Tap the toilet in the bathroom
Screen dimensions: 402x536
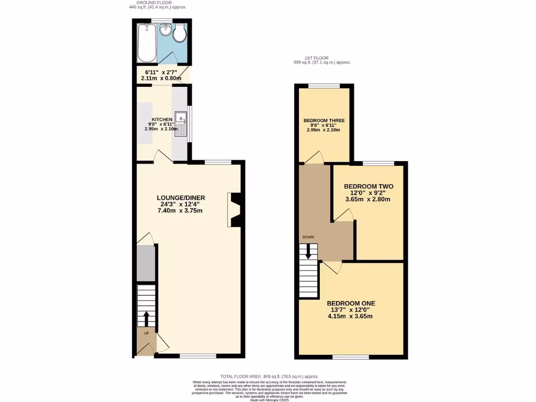(x=180, y=34)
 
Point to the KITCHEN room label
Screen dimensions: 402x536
(x=162, y=119)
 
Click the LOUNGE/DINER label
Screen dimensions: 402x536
(x=181, y=197)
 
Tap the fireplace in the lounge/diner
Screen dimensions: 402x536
(x=234, y=210)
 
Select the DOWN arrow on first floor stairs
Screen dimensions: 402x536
(x=308, y=252)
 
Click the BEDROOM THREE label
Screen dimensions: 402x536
(x=323, y=120)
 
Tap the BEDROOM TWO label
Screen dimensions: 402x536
(x=368, y=186)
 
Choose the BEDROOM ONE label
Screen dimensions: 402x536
(x=351, y=303)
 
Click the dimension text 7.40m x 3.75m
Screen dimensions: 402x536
(x=180, y=211)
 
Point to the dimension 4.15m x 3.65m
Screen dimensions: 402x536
(x=350, y=316)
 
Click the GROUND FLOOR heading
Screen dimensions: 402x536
(x=158, y=3)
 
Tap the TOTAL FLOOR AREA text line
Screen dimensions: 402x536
(x=269, y=376)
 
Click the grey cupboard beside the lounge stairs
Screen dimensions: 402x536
(x=146, y=263)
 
